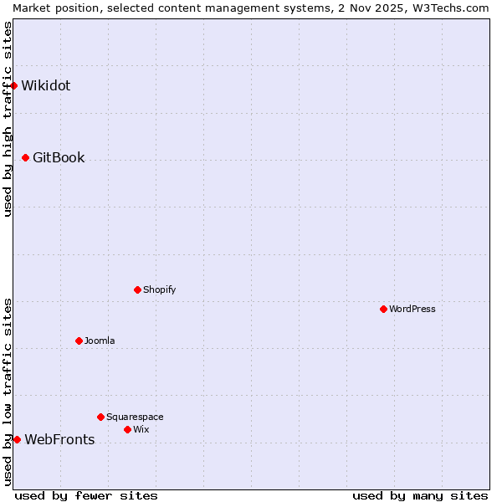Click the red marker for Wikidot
click(14, 85)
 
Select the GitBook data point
click(25, 157)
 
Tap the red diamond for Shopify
click(137, 289)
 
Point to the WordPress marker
click(383, 309)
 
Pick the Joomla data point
click(79, 341)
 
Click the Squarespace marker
click(100, 417)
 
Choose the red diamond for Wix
click(127, 429)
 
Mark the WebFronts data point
click(17, 439)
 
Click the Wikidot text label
click(46, 85)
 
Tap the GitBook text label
click(59, 157)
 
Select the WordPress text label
click(412, 309)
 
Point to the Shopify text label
click(159, 289)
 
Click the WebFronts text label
click(59, 439)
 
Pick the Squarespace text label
click(135, 417)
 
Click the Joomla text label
click(100, 341)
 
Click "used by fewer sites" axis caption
click(86, 495)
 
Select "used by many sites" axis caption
click(420, 495)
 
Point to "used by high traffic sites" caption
click(8, 119)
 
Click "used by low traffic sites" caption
click(8, 392)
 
